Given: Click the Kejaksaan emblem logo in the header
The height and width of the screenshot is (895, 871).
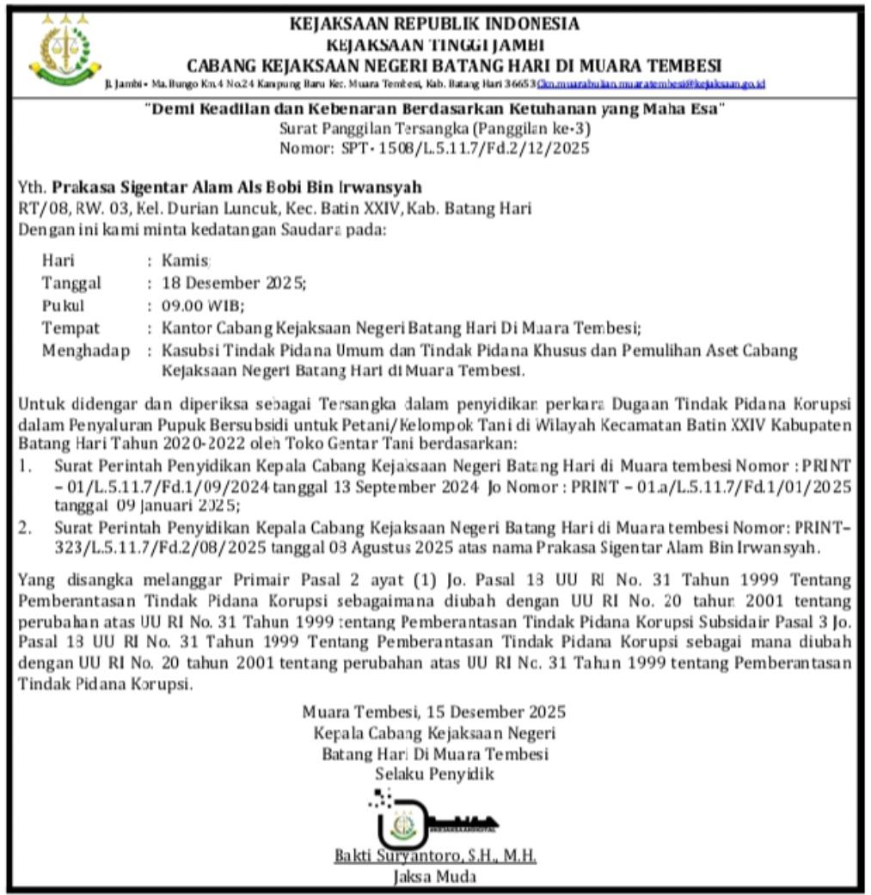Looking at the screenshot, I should click(65, 49).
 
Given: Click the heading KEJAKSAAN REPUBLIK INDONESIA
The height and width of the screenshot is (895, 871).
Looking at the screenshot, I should click(435, 23).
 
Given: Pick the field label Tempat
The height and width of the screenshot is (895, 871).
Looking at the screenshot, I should click(71, 328).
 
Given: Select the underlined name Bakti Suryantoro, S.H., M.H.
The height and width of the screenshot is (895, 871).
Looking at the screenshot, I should click(435, 857).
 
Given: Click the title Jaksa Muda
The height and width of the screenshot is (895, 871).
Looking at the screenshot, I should click(434, 877).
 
